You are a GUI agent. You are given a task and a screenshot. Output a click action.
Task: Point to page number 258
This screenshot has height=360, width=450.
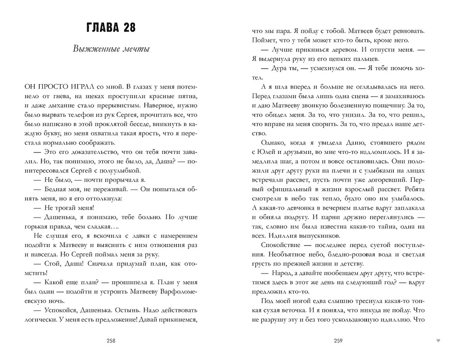pyautogui.click(x=111, y=341)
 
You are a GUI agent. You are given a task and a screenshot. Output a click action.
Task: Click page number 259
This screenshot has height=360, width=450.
pyautogui.click(x=339, y=341)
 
